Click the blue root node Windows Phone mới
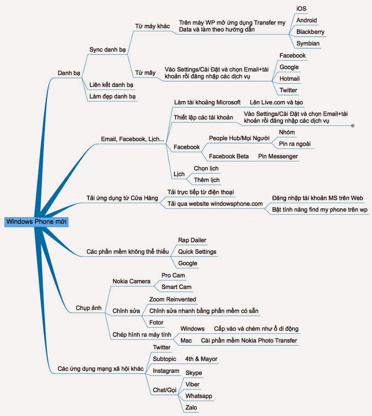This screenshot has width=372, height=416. pos(36,222)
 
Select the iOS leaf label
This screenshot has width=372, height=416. pos(301,9)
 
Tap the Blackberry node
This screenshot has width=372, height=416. pos(310,32)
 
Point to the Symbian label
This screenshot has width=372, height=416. pos(308,43)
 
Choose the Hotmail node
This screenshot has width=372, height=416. pos(289,79)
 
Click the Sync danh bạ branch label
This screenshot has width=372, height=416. pos(108,50)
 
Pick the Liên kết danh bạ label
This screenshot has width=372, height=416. pos(111,85)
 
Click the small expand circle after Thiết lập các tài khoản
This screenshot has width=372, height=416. pos(353,126)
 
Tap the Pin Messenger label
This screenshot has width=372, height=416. pos(278,156)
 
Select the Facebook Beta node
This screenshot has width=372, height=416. pos(229,156)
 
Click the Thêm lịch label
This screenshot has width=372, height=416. pos(207,180)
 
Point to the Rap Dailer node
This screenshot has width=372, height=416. pos(192,240)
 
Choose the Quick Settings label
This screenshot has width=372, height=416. pos(197,252)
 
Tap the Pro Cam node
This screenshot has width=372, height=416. pos(173,275)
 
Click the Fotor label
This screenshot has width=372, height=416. pos(156,322)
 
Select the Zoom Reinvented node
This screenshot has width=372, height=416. pos(173,299)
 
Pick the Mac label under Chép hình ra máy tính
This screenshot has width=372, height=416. pos(186,340)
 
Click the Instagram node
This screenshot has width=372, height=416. pos(166,371)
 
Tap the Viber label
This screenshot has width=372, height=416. pos(192,384)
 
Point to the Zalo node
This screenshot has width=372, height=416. pos(191,407)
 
